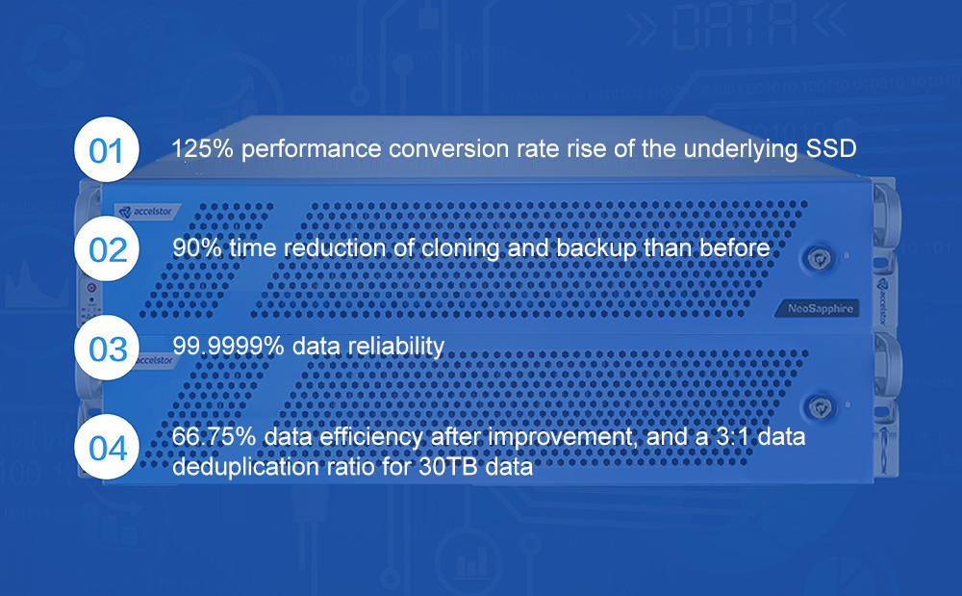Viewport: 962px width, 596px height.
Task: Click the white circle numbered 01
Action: click(x=107, y=149)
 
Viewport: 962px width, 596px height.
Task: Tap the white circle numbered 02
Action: click(x=107, y=248)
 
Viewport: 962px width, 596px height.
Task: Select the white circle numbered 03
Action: click(x=107, y=348)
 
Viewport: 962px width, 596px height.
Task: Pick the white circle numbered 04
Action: click(x=107, y=446)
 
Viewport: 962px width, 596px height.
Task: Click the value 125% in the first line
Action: click(x=202, y=148)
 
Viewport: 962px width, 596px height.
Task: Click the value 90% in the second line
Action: click(x=196, y=248)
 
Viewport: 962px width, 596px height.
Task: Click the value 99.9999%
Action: click(x=228, y=347)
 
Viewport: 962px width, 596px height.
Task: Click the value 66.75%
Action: click(x=215, y=436)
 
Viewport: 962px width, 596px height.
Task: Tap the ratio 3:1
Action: click(x=735, y=436)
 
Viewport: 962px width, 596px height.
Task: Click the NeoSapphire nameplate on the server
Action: click(x=820, y=308)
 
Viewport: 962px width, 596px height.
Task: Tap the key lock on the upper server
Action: click(x=819, y=258)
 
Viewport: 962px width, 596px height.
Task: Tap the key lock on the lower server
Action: click(x=820, y=407)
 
